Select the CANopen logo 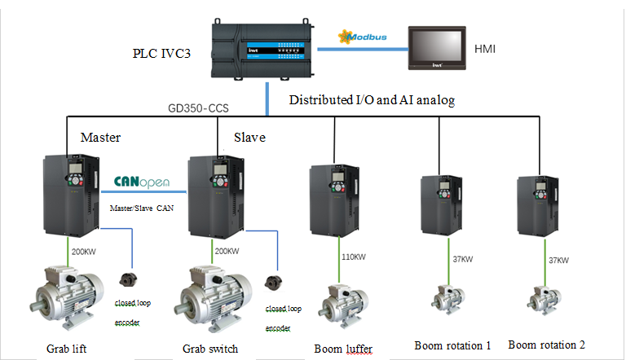tap(141, 181)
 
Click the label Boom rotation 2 tap(546, 344)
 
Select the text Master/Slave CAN tap(142, 209)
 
